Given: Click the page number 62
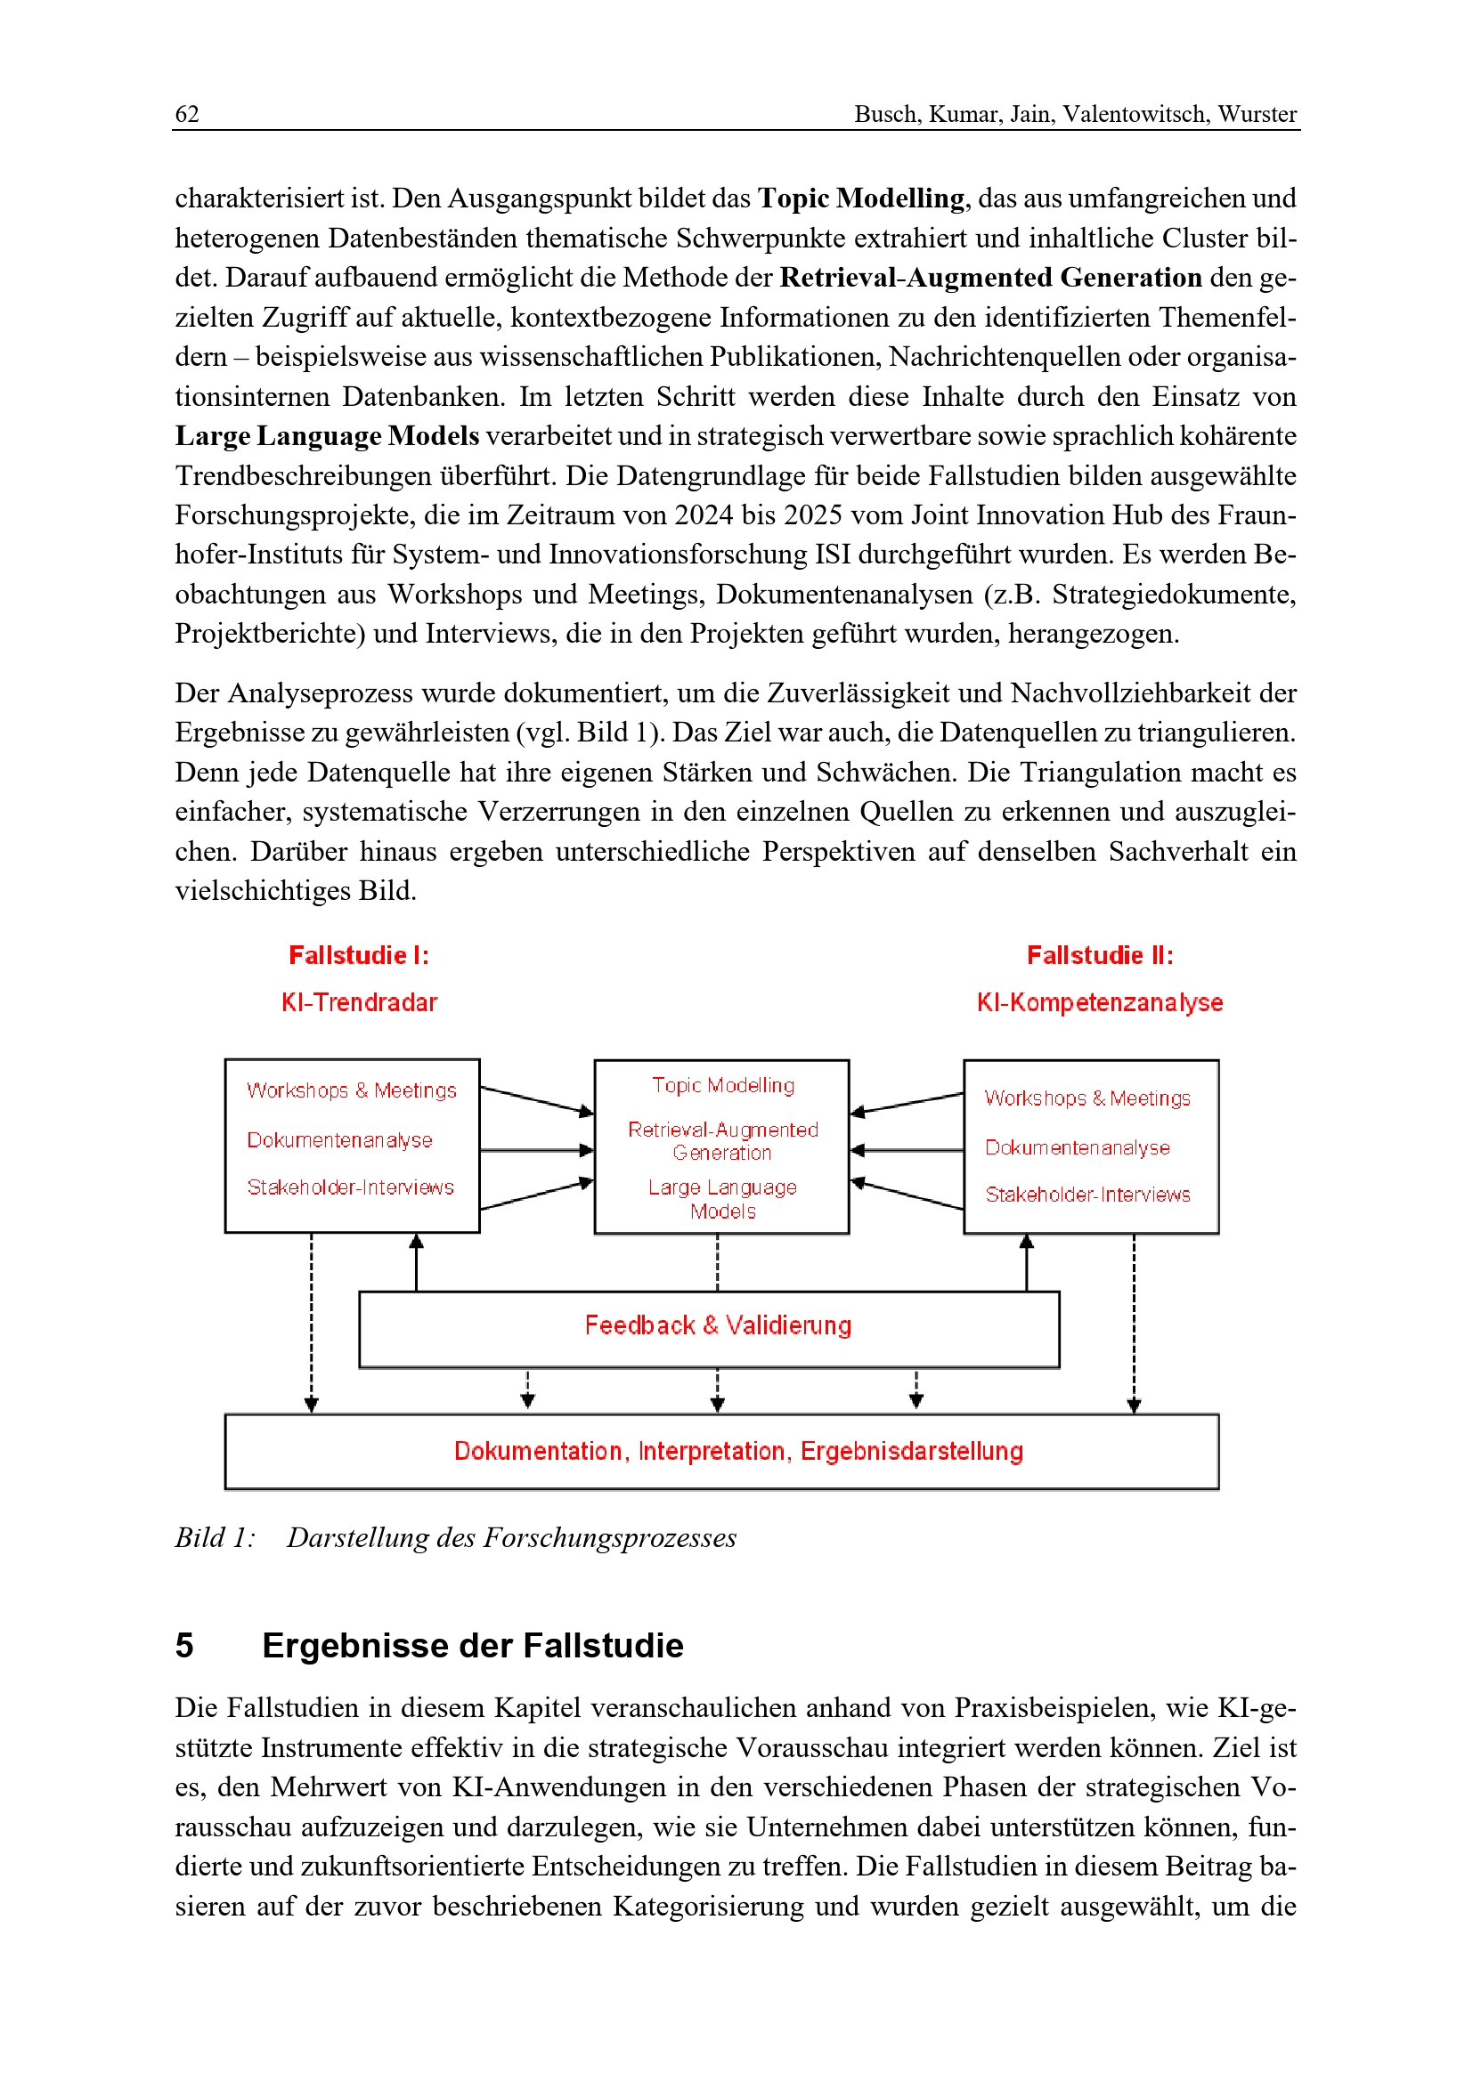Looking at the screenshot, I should [x=187, y=114].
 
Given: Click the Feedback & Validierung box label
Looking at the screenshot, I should [x=718, y=1325].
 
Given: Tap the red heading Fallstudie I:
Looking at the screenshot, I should [x=358, y=955].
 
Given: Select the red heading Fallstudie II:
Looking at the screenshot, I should [x=1099, y=955].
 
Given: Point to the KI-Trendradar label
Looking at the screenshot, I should [x=358, y=1002].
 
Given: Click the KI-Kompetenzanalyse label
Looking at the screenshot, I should [x=1099, y=1002].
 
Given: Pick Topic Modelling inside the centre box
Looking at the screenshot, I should [x=723, y=1085].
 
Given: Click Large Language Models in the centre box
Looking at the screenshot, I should [x=723, y=1199].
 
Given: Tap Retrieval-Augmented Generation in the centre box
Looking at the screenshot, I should [x=723, y=1141].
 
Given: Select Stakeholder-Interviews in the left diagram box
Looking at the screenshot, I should [x=350, y=1187].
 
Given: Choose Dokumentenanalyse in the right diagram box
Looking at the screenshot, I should [x=1078, y=1147].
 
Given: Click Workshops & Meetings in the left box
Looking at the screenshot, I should [x=352, y=1090].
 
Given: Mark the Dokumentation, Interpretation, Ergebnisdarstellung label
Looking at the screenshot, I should [x=738, y=1451].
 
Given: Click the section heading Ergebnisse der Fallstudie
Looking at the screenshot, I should [x=473, y=1646].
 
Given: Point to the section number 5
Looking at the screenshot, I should [x=184, y=1646].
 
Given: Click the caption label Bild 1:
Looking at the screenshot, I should [x=215, y=1538].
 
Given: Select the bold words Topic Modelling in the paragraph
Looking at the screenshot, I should [x=861, y=198].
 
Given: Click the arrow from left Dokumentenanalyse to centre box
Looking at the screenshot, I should [x=537, y=1150].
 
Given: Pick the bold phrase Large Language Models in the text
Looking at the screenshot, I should [x=327, y=436].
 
